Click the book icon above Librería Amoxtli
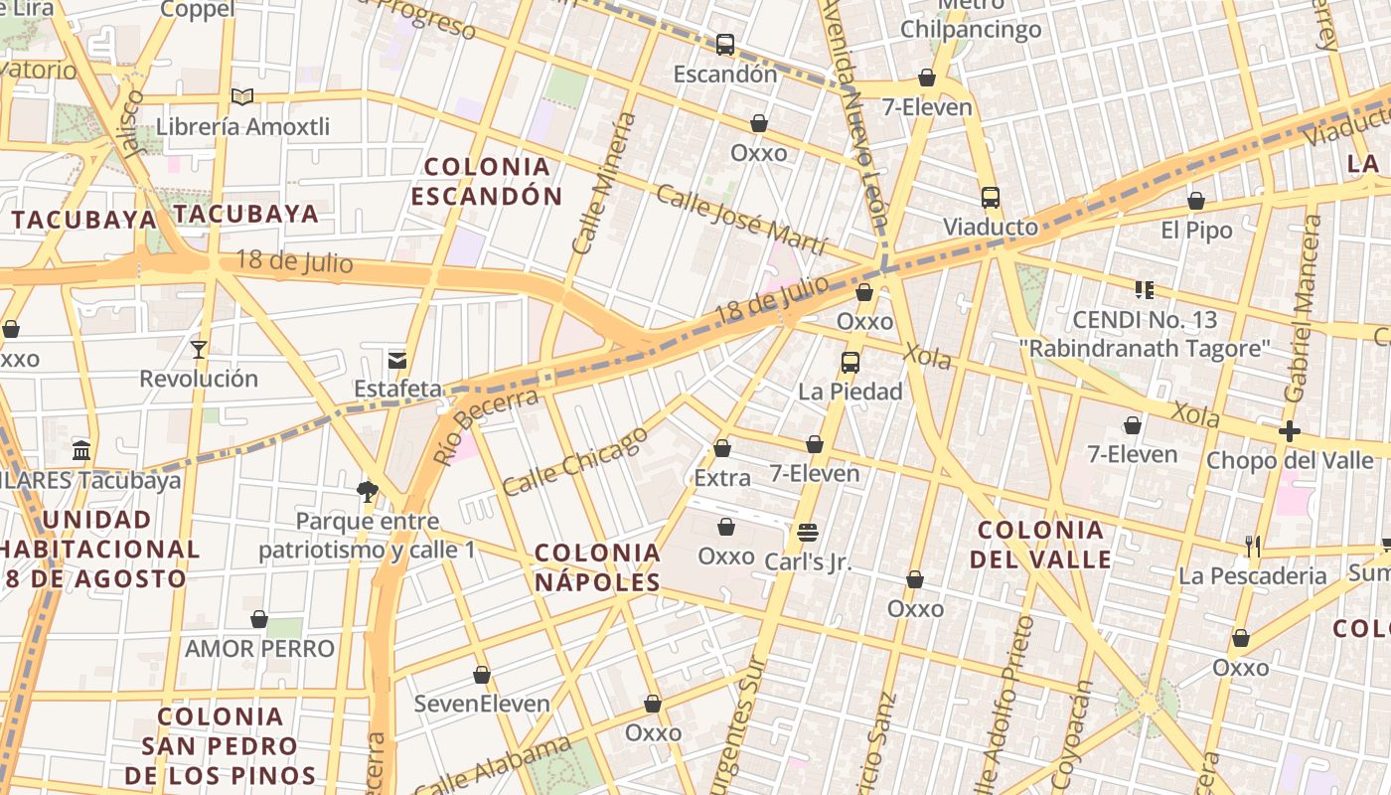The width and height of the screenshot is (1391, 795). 241,96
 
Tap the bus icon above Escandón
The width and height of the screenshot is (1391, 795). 725,44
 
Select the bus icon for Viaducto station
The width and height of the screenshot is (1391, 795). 990,197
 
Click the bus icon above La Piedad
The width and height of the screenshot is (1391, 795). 850,362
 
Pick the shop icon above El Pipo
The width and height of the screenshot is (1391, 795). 1196,201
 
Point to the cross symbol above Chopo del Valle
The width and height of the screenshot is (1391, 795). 1289,431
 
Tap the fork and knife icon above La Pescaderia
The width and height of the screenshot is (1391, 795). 1253,546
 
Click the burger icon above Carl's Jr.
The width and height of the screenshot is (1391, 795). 808,532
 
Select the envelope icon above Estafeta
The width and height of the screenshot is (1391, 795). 397,360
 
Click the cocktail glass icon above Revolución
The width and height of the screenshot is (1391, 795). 199,349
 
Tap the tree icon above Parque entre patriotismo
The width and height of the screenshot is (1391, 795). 368,490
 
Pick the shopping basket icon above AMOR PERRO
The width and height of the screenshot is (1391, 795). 259,619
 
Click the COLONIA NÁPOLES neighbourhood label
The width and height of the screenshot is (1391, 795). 598,567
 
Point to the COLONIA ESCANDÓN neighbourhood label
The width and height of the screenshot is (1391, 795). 487,181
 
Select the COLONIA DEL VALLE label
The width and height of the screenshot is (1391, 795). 1041,544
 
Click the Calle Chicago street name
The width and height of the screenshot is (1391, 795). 575,461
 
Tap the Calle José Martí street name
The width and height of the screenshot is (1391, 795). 741,219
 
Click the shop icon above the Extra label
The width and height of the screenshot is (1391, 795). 722,448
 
